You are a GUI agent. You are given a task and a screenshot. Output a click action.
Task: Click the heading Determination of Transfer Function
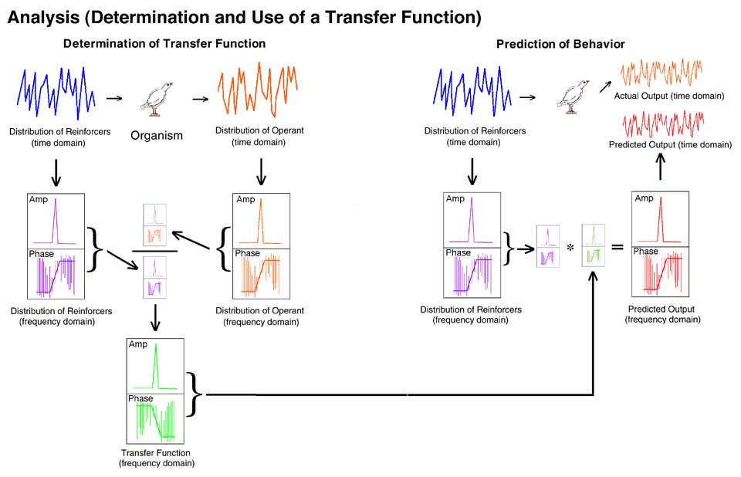coord(164,44)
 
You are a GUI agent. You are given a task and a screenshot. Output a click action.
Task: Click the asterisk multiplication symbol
coord(569,247)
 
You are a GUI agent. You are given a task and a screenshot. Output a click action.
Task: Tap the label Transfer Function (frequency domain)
coord(156,458)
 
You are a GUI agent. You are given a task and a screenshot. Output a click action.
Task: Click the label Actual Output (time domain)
coord(669,96)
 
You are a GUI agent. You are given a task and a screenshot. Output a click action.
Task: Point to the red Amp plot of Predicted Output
coord(659,218)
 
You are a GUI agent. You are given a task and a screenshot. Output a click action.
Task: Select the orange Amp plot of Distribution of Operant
coord(261,220)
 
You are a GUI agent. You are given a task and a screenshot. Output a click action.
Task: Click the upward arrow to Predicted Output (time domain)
coord(660,166)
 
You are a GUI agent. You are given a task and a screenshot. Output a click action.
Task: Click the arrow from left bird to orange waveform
coord(200,99)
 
